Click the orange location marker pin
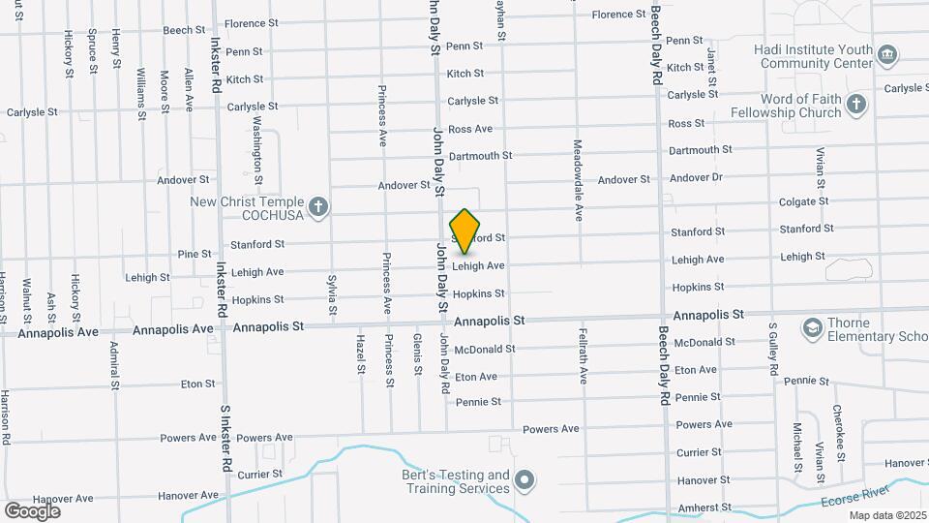click(x=465, y=231)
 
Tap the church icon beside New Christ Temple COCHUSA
click(x=320, y=206)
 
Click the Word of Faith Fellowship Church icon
click(x=855, y=105)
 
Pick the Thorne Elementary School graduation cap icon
click(x=811, y=329)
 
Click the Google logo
click(x=32, y=510)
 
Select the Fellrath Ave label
click(x=584, y=356)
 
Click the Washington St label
click(x=257, y=150)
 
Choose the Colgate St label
click(x=804, y=201)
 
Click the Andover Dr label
click(x=696, y=177)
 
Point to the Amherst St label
click(x=704, y=508)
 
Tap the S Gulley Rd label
click(x=774, y=351)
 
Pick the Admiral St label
click(x=113, y=359)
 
